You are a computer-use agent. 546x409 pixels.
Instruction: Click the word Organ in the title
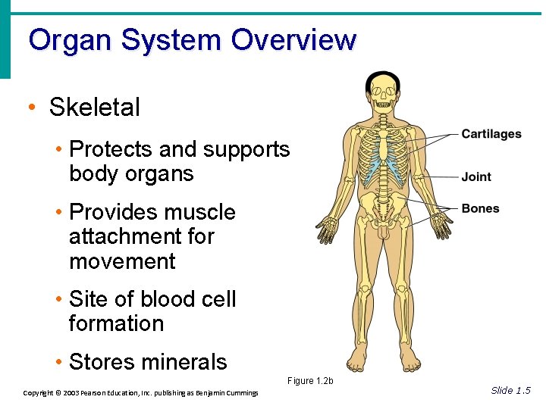click(x=64, y=40)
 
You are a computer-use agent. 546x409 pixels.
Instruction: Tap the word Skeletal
click(x=95, y=108)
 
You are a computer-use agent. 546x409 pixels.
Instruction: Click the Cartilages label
click(x=491, y=134)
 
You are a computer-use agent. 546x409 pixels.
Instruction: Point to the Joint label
click(x=476, y=176)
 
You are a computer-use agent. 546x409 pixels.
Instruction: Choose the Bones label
click(x=480, y=208)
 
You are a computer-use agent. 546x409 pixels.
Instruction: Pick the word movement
click(x=122, y=262)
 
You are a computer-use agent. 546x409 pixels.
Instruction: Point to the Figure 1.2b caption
click(x=310, y=380)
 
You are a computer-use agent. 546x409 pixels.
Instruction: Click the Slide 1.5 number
click(x=510, y=390)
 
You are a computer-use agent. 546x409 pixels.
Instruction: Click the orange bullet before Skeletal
click(x=30, y=108)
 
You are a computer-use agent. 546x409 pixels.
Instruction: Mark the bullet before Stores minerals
click(x=58, y=362)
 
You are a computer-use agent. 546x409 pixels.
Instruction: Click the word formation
click(x=116, y=324)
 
